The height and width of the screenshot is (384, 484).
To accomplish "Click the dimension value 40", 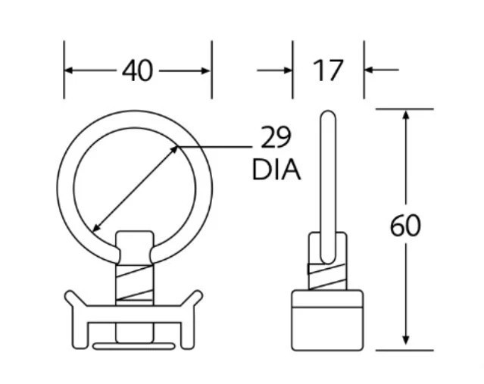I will (x=137, y=70).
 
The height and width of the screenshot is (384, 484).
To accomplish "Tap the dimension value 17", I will (x=328, y=70).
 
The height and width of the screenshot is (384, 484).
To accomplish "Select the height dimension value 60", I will (x=406, y=226).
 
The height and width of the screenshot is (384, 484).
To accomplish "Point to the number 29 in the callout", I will (x=276, y=138).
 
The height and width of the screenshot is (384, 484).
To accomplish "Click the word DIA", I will (x=276, y=170).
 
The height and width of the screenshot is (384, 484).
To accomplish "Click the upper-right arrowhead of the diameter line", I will (x=176, y=150).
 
